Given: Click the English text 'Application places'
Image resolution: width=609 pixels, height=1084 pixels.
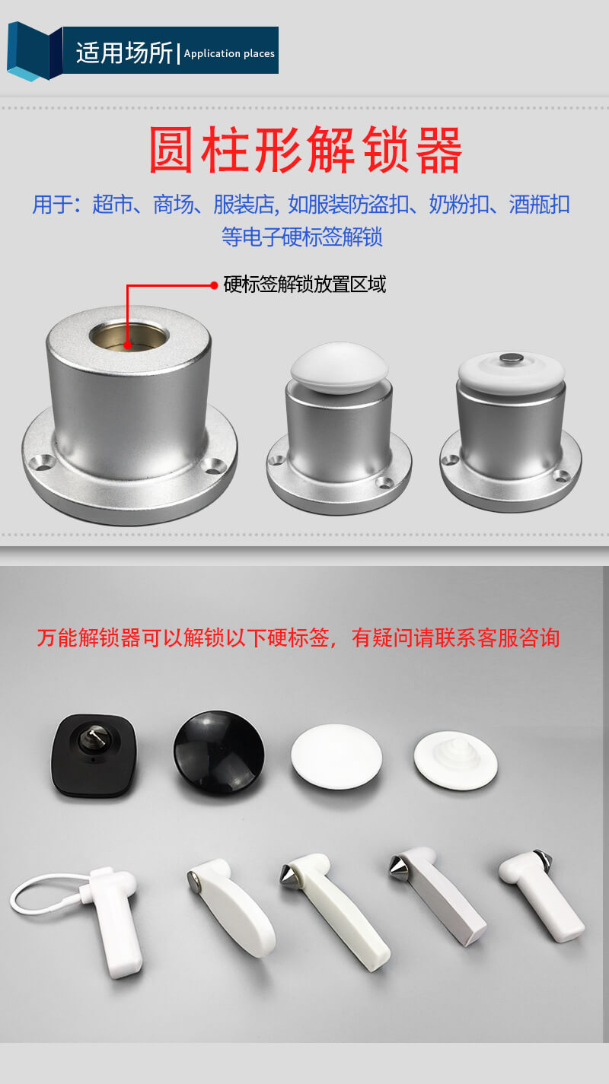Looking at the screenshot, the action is coord(229,53).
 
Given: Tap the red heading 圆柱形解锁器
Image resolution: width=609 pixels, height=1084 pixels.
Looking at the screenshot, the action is coord(305,150).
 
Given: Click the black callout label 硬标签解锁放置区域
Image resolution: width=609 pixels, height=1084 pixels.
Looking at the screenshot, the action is coord(304,284).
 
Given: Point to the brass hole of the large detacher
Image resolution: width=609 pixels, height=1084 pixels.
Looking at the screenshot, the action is coord(129,335).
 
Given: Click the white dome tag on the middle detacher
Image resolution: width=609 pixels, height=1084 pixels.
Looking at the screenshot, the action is coord(339,367).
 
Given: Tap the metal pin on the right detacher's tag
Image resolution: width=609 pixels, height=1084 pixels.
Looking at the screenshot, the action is coord(512,358).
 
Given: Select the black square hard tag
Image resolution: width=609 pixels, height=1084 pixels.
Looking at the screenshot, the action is coord(94,755).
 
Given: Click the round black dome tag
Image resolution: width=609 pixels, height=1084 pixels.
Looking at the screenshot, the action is coord(219,753).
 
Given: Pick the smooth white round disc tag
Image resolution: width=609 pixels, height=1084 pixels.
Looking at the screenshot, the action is coord(336,757).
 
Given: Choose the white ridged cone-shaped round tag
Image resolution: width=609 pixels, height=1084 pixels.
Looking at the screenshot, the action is coord(455,761).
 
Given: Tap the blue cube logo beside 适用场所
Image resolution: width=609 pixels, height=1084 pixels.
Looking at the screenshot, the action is coord(35,51).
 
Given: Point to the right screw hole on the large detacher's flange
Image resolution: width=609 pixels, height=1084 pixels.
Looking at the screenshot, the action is coord(213,466).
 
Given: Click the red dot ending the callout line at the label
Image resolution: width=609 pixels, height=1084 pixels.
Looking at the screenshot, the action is coord(214,285).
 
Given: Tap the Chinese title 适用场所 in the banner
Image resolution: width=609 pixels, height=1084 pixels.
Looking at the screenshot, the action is coord(124,52).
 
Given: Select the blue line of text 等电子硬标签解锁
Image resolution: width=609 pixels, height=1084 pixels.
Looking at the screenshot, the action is coord(302,237).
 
